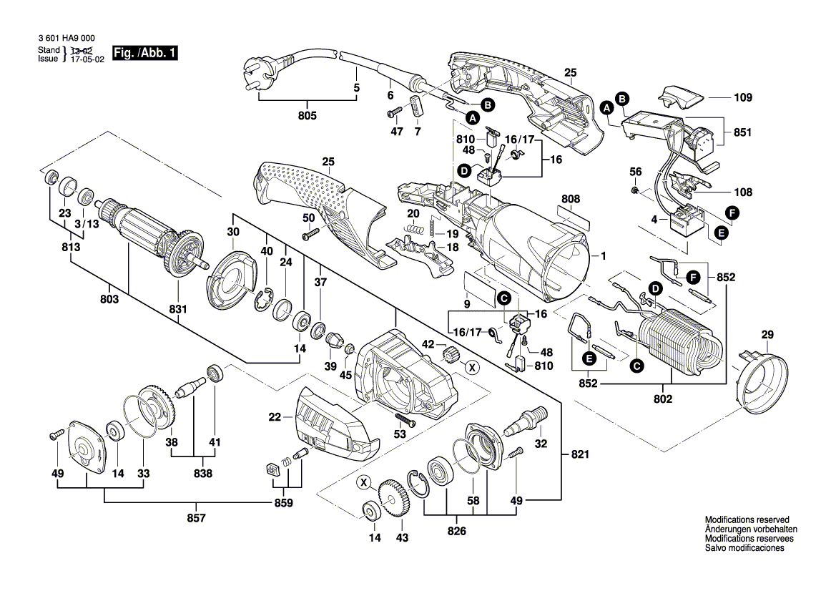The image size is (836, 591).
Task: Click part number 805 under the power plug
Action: pos(308,115)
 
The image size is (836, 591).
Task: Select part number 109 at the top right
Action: pos(744,97)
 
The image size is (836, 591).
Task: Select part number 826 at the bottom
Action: pos(456,531)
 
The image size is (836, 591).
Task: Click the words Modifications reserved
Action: pos(747,519)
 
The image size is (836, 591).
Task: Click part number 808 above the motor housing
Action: pos(571,198)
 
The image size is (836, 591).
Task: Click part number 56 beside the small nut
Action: pos(635,172)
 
